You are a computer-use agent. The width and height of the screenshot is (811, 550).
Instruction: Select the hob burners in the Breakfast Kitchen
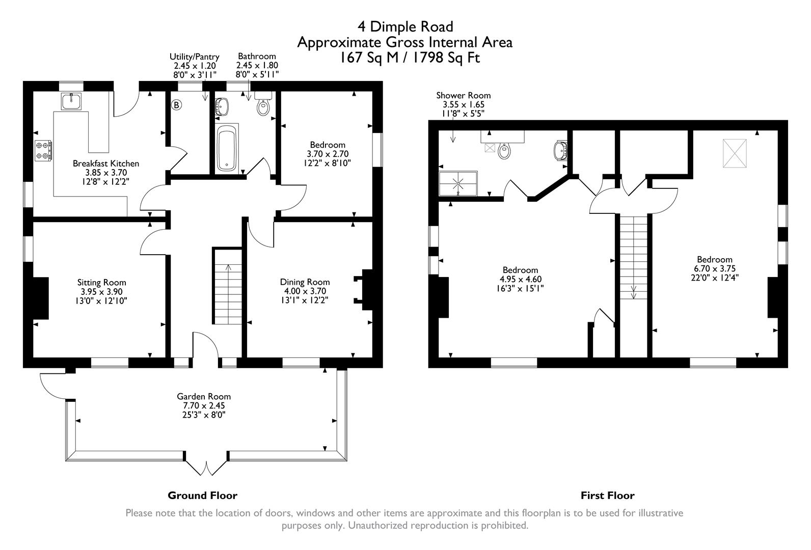42,151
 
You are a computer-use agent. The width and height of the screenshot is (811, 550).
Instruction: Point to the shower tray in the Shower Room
458,183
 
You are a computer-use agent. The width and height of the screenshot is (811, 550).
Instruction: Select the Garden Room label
203,396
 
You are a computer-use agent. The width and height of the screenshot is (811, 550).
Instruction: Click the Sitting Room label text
101,282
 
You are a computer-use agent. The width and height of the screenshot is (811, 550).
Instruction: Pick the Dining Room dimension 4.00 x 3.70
305,291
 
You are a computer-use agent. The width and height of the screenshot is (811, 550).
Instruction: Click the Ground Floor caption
202,495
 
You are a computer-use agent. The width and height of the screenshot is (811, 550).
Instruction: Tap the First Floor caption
607,495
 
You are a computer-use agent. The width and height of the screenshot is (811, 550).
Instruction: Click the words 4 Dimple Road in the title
405,25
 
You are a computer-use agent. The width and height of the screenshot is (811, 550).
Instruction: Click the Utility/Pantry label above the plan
194,57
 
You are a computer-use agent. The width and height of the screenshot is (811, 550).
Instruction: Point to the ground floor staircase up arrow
227,270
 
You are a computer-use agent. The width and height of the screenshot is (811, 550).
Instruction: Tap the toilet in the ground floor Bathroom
263,106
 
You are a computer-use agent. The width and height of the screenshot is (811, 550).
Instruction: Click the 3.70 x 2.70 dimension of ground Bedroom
327,154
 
